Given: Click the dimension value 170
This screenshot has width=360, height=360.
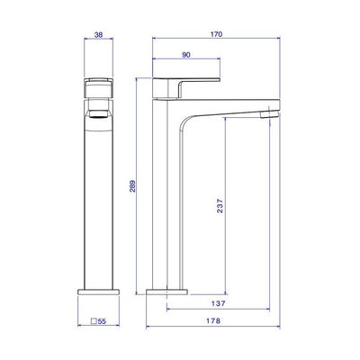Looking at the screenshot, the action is pos(216,34).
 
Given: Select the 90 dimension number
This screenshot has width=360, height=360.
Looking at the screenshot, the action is pos(186,55).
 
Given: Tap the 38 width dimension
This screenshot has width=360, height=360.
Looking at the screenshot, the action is pos(98,35).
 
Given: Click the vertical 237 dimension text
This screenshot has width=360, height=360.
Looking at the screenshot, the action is pos(220,206).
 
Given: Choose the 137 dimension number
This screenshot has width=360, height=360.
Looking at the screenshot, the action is pos(218,303).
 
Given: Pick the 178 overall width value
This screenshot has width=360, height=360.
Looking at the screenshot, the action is pos(213,320).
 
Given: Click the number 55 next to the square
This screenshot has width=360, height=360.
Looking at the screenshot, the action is pos(102,321).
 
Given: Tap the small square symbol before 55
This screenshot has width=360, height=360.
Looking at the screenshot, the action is pos(94,321).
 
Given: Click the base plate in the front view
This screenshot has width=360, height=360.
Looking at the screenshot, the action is pos(166,292).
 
